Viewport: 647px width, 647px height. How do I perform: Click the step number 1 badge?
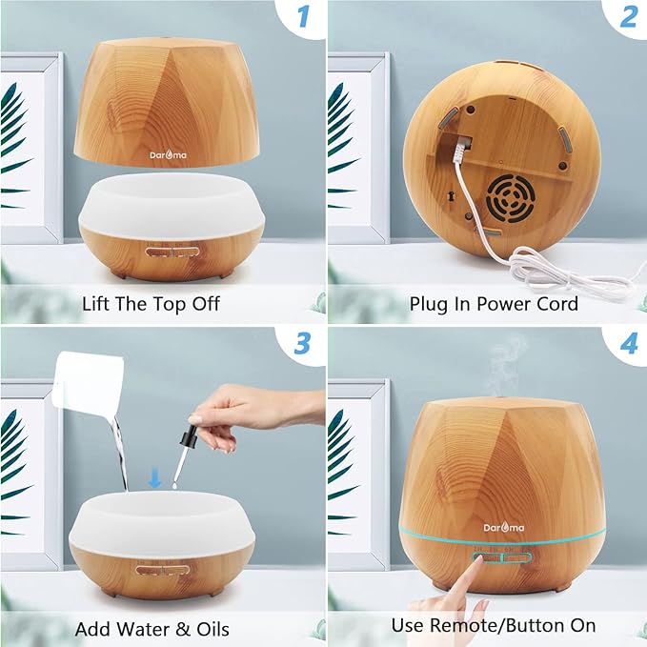point(301,17)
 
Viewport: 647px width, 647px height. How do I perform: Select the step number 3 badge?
point(301,344)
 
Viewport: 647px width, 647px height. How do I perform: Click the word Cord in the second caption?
point(556,304)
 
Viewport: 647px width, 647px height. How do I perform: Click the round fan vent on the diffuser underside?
point(507,198)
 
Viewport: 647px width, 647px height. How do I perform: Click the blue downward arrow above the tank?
point(154,478)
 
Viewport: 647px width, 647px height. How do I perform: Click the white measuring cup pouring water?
point(91,386)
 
